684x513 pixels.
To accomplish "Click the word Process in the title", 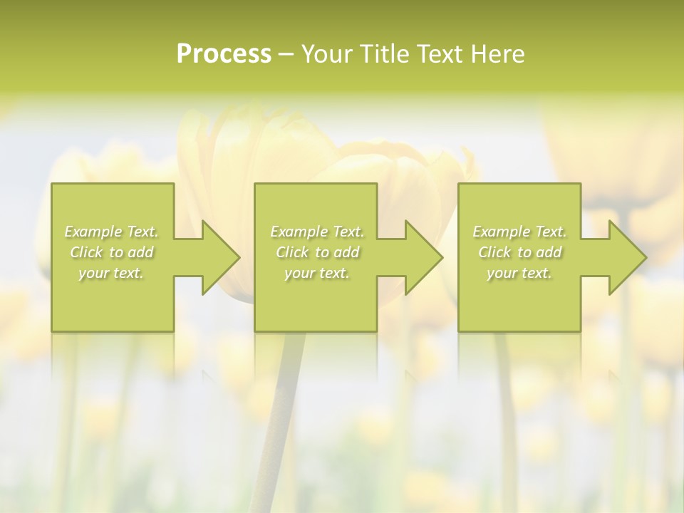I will (224, 54).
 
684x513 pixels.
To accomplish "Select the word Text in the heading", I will (439, 54).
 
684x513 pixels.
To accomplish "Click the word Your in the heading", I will (328, 54).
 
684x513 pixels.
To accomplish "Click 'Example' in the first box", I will (93, 232).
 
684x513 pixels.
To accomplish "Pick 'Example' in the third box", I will (502, 232).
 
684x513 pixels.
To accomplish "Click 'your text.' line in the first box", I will (111, 273).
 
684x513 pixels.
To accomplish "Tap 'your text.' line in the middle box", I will (317, 273).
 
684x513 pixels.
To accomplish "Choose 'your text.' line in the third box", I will (519, 273).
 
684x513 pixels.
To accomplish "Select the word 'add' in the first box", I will (140, 252).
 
